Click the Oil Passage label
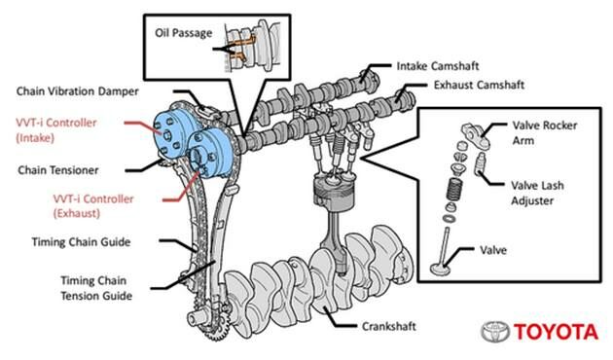183,33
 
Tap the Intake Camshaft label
438,66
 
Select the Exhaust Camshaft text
479,85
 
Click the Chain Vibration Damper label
78,91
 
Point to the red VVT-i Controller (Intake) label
55,130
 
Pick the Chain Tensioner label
58,170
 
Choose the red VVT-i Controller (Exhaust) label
93,206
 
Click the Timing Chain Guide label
81,242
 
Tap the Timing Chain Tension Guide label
96,288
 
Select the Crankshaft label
388,326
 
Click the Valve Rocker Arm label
545,133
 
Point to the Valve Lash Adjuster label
537,193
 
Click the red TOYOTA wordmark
556,332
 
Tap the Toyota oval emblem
495,332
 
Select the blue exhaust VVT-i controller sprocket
210,154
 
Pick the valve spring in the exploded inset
453,191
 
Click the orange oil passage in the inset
241,48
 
